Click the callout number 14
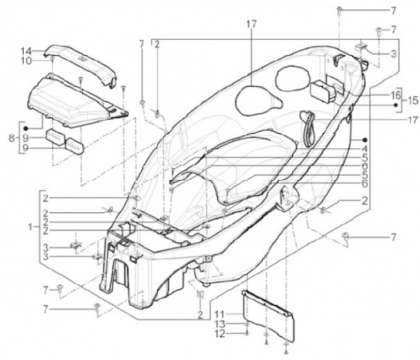tap(26, 51)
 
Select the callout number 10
tap(26, 61)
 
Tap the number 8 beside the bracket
tap(12, 138)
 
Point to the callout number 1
tap(30, 227)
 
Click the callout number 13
tap(220, 324)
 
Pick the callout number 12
tap(220, 334)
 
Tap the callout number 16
tap(395, 95)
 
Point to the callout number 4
tap(364, 149)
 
